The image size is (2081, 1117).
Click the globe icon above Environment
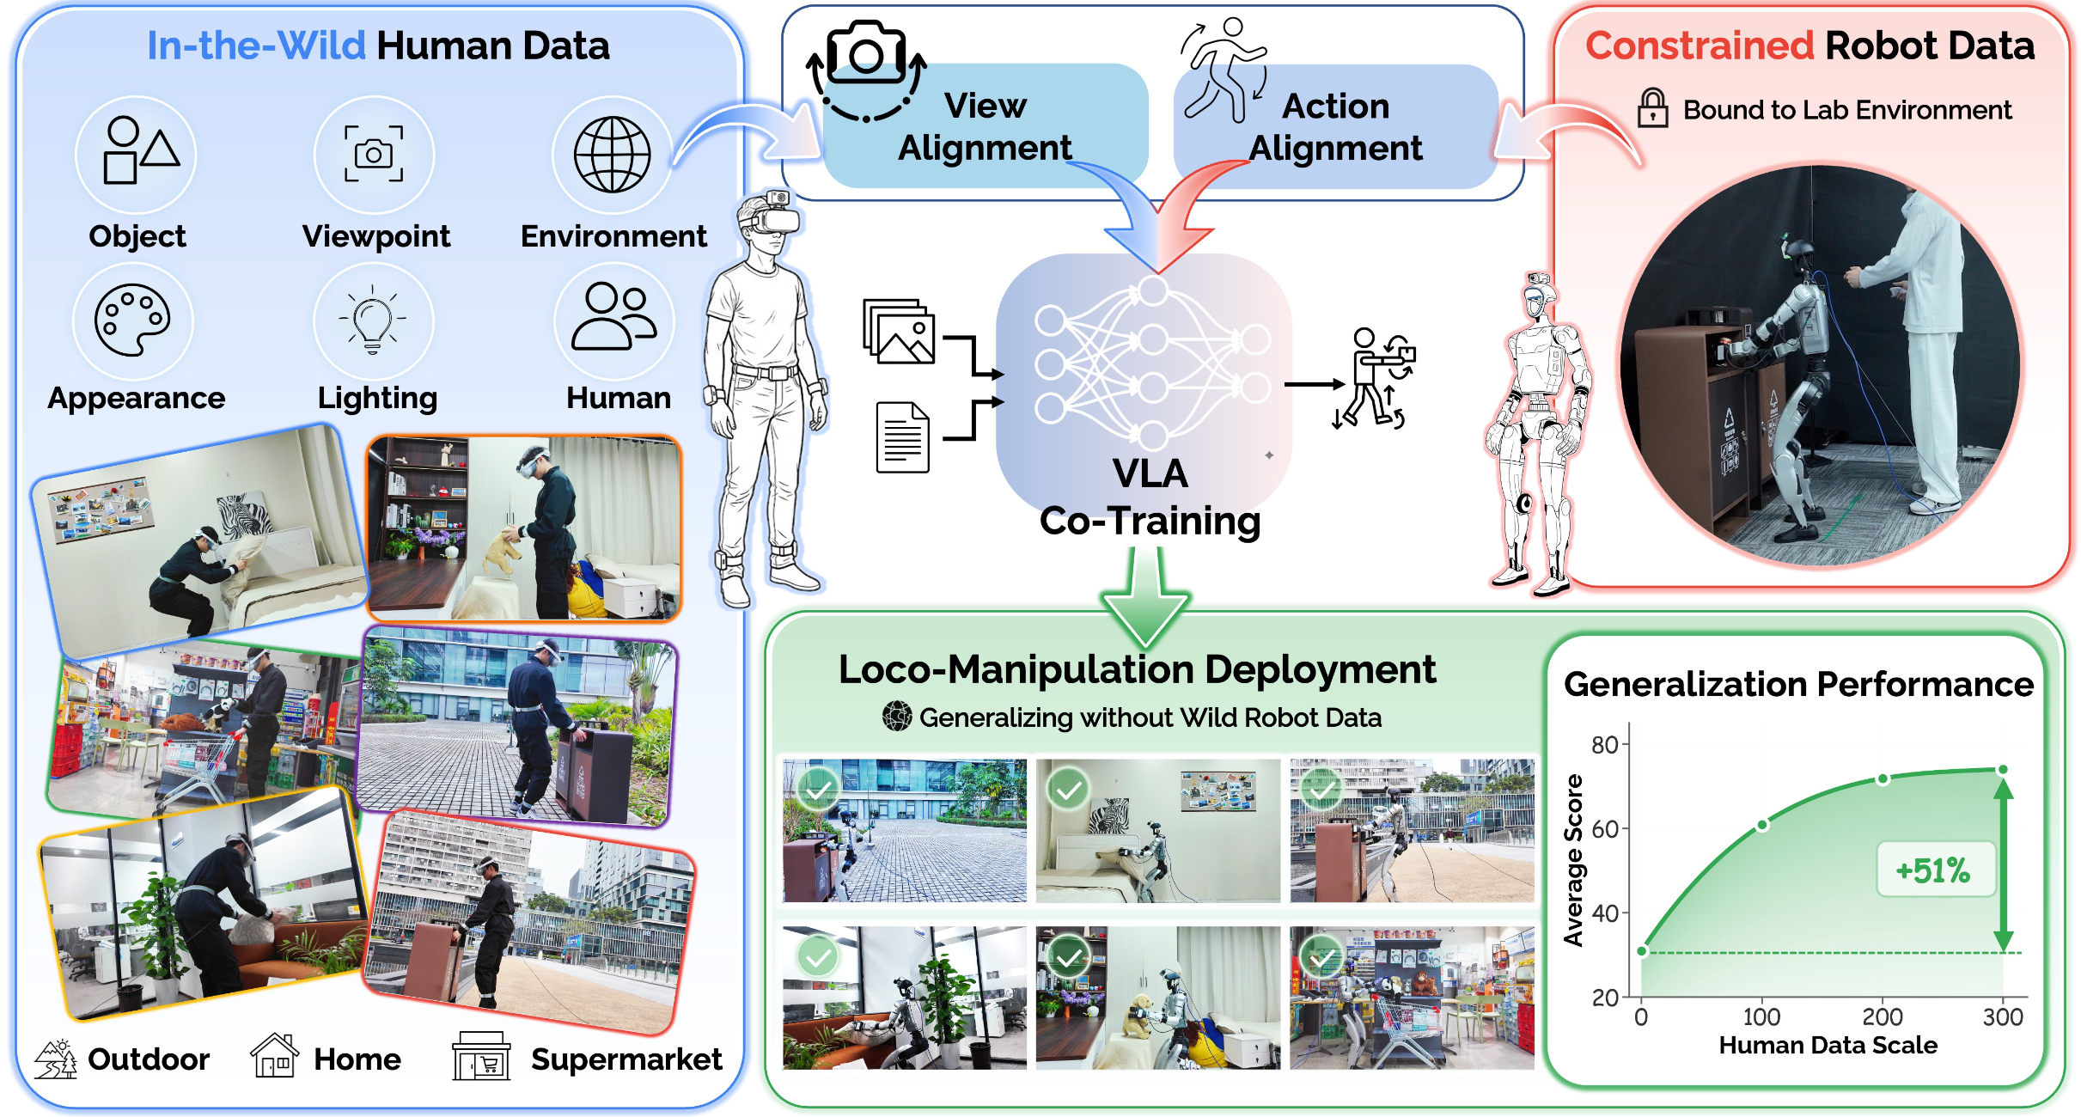point(612,155)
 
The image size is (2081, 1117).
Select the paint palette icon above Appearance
point(132,320)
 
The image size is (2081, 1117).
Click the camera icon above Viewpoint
point(374,154)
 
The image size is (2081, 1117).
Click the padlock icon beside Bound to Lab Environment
point(1652,109)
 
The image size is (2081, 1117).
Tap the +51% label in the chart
point(1933,870)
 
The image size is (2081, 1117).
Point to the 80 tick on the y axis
point(1604,745)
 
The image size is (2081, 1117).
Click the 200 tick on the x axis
point(1883,1016)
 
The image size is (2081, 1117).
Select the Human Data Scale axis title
point(1828,1046)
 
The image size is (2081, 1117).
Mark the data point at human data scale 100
point(1762,826)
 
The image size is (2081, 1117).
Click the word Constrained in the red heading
point(1700,46)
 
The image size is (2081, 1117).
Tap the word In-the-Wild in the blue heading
point(256,46)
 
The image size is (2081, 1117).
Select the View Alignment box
point(985,126)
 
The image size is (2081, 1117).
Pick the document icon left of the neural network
point(902,437)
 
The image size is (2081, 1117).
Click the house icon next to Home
point(274,1056)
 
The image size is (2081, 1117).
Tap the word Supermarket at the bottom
point(626,1059)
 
